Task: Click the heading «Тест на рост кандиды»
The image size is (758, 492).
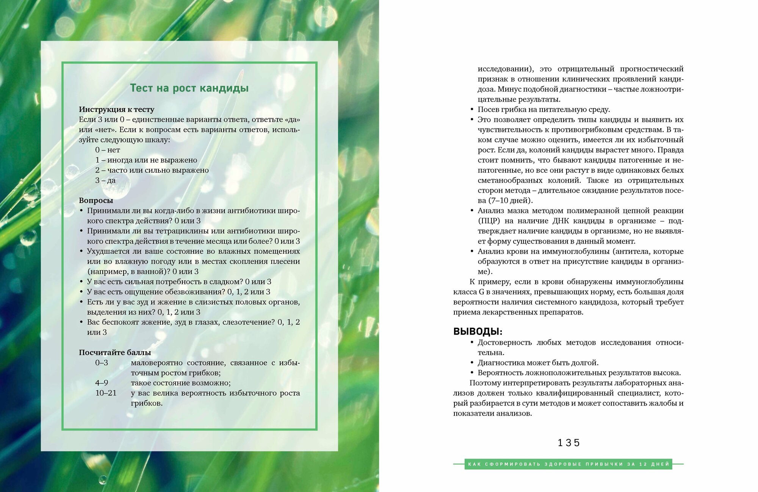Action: (x=189, y=88)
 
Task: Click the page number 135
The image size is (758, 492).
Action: (x=568, y=443)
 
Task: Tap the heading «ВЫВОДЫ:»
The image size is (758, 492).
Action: (x=478, y=331)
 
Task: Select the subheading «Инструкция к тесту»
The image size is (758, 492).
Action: (x=116, y=109)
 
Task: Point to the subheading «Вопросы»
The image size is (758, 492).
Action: (x=96, y=200)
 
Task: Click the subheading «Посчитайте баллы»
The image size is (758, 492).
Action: (x=115, y=352)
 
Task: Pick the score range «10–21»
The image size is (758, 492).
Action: (x=106, y=393)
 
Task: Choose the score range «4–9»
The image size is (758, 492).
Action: (x=102, y=383)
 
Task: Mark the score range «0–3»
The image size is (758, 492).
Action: (x=102, y=363)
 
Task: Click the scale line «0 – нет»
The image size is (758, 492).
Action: (x=107, y=150)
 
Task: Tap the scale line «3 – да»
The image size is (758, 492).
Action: (x=105, y=180)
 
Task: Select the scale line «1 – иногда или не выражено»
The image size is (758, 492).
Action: (x=146, y=160)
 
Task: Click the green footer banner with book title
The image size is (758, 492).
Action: (x=568, y=464)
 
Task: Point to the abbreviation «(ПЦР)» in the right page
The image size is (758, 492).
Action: (x=489, y=221)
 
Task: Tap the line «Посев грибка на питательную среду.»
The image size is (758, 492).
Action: (x=543, y=109)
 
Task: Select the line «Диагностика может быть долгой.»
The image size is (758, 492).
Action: (x=538, y=363)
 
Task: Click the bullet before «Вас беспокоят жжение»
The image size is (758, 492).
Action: (x=81, y=322)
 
